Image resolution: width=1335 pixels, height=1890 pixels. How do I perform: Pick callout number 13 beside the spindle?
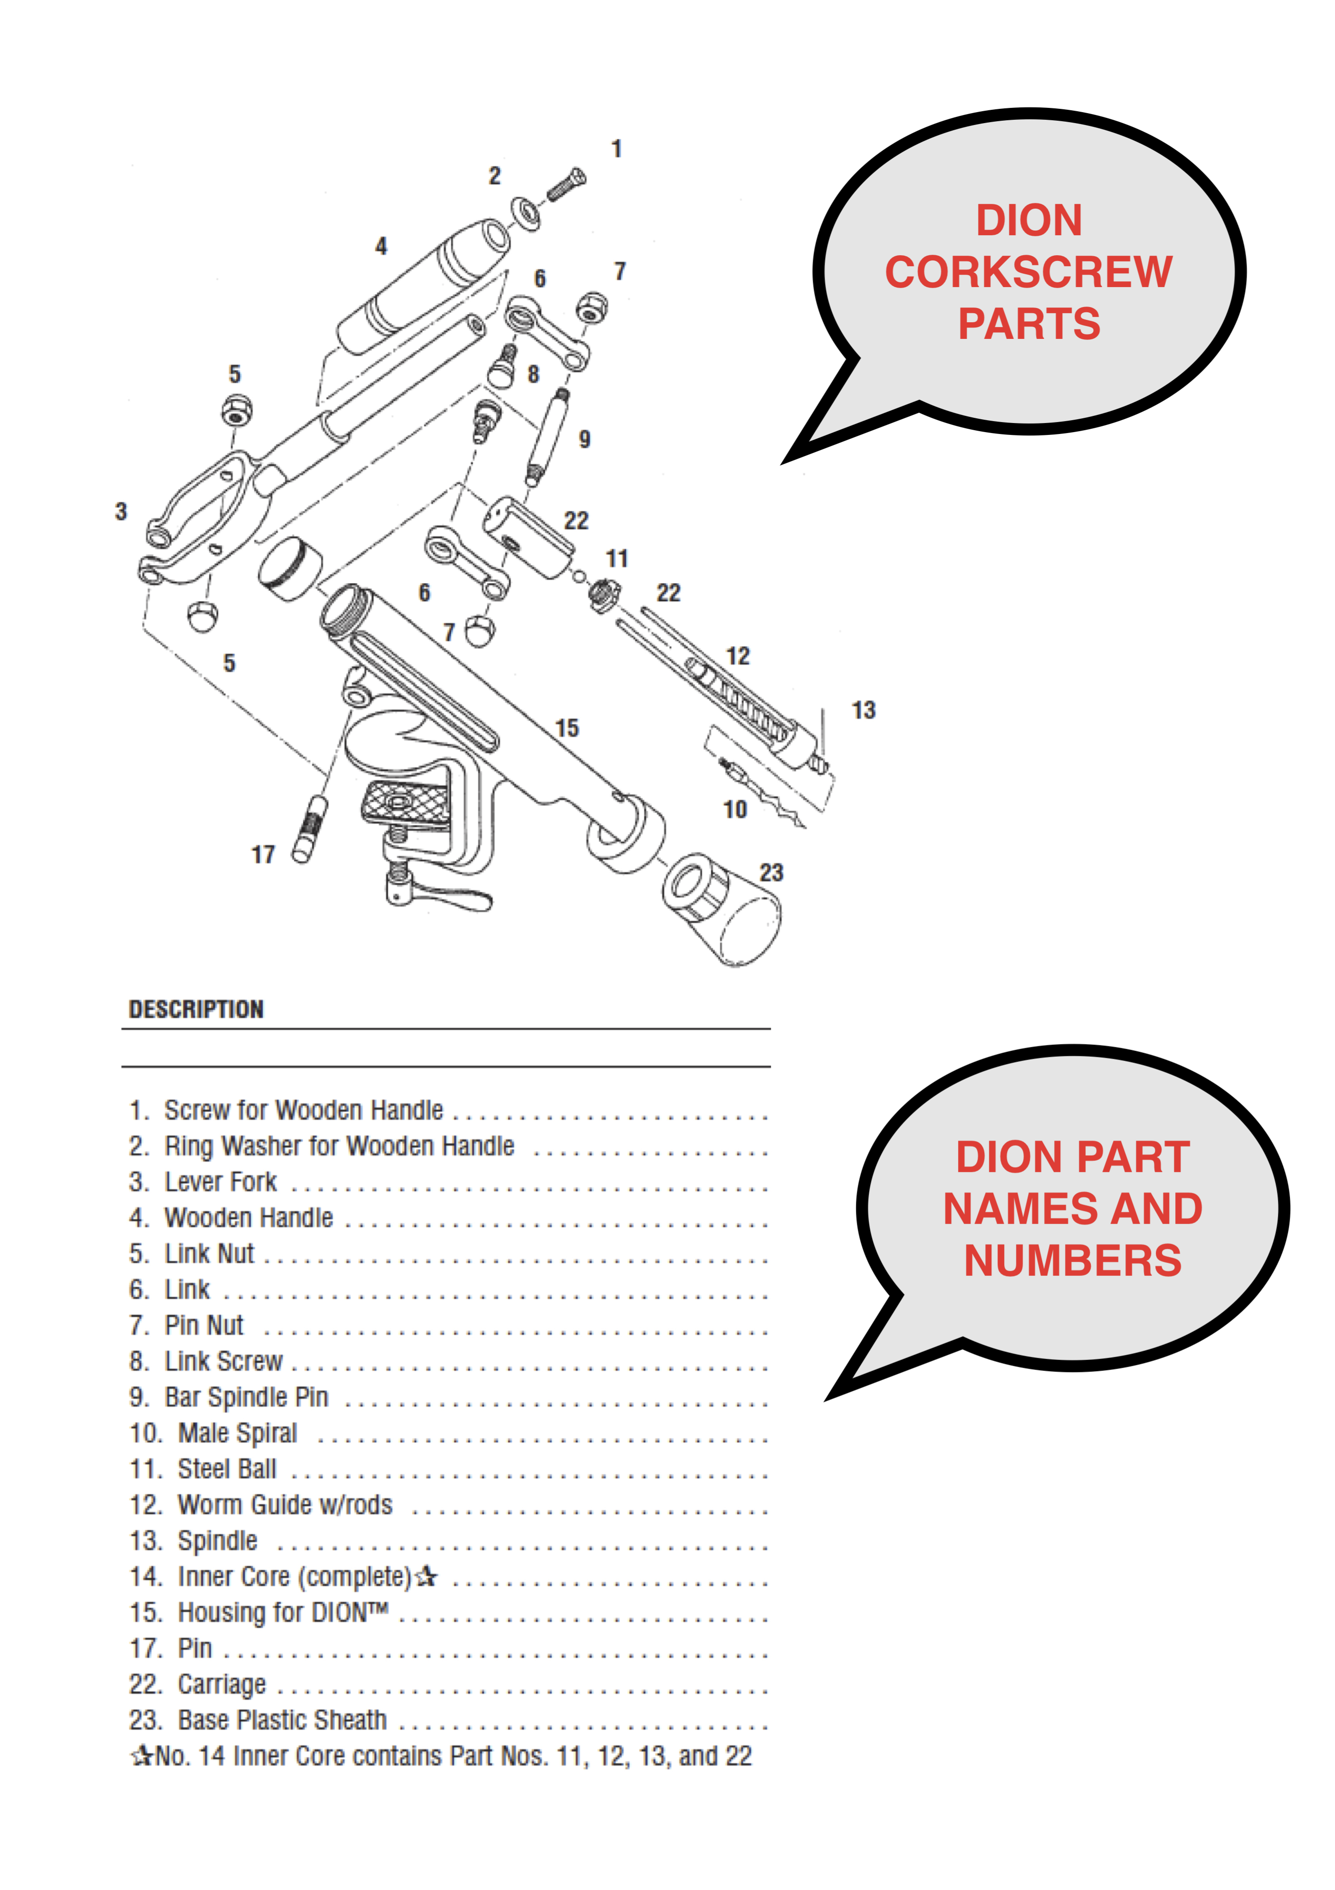[x=864, y=710]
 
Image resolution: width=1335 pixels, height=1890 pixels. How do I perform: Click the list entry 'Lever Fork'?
[x=220, y=1182]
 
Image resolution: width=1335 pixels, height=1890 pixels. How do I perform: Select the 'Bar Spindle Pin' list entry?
[x=246, y=1397]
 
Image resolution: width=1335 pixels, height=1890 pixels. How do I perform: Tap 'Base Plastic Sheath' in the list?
[x=281, y=1720]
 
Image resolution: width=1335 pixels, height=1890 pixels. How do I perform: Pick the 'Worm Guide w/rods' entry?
[x=285, y=1505]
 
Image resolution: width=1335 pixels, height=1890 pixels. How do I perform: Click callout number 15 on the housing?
[x=567, y=729]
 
